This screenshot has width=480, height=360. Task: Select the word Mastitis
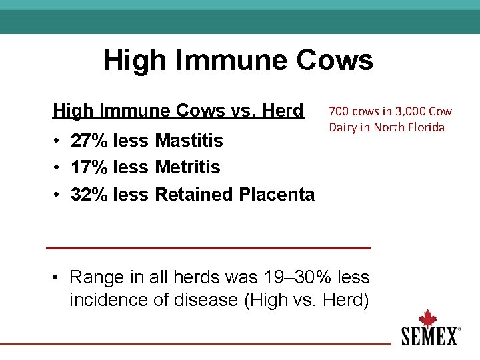(189, 141)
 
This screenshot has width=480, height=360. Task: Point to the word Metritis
(187, 167)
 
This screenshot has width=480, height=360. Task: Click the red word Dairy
(342, 127)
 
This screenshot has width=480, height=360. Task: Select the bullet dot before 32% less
(59, 195)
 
